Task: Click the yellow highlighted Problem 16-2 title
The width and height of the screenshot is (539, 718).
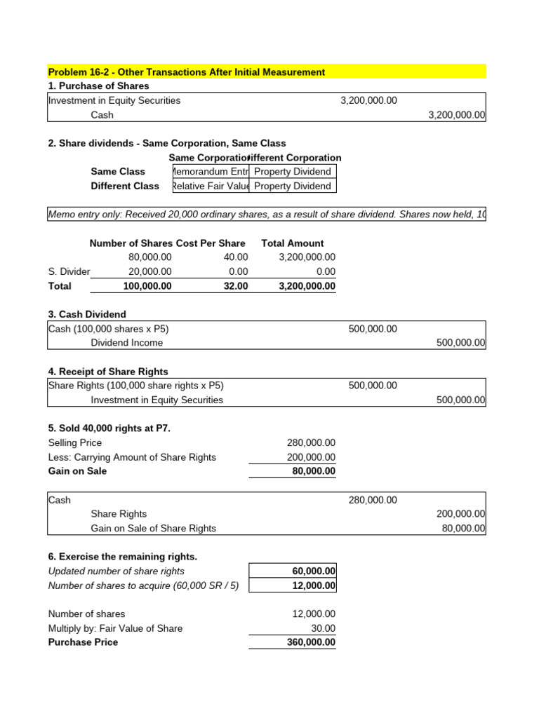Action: click(x=186, y=72)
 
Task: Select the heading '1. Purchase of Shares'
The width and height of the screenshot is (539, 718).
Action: click(x=98, y=86)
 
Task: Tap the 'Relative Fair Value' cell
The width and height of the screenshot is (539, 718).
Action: click(x=210, y=186)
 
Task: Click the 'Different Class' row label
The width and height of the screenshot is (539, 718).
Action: click(x=125, y=186)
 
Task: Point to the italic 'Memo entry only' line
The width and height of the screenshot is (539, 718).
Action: click(x=267, y=215)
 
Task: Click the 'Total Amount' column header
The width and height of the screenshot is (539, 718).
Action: click(x=292, y=243)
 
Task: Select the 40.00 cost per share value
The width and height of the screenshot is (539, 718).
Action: click(x=235, y=257)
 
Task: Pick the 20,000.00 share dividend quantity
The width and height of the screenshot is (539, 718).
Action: click(x=149, y=272)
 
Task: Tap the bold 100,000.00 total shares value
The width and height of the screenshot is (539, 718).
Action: click(x=147, y=286)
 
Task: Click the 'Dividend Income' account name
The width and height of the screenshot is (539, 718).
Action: click(x=126, y=343)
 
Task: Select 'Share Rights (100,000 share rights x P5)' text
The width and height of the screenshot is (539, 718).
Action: click(x=135, y=386)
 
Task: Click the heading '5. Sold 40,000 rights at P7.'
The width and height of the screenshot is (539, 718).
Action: click(x=109, y=428)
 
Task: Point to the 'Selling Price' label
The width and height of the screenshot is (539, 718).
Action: click(x=74, y=442)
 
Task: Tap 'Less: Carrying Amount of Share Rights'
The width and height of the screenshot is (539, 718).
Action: click(x=132, y=457)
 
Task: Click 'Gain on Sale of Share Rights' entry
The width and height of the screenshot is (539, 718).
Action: click(x=153, y=528)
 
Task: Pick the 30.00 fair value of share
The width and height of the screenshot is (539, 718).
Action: click(x=324, y=628)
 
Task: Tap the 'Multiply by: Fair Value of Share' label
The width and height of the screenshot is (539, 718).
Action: click(x=115, y=628)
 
